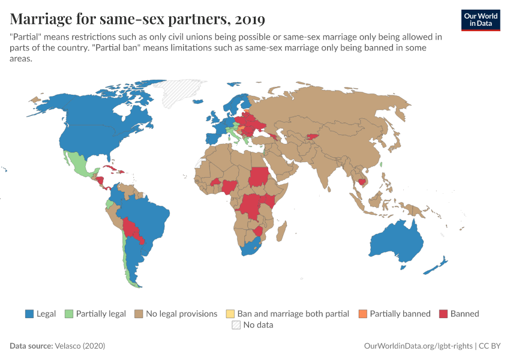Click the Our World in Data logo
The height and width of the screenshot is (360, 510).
(x=481, y=20)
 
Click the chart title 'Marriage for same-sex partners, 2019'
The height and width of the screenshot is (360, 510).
(x=137, y=19)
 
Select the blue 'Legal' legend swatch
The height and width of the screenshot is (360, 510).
(x=29, y=313)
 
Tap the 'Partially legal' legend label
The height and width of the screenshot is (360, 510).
(x=101, y=313)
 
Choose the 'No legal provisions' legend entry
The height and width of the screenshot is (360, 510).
(x=181, y=313)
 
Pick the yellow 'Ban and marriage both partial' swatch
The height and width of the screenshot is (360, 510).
(x=230, y=313)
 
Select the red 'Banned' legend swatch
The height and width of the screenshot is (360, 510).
(x=443, y=313)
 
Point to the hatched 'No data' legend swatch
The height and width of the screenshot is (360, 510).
(x=236, y=325)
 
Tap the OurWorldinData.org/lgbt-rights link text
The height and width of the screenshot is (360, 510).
(x=419, y=346)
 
